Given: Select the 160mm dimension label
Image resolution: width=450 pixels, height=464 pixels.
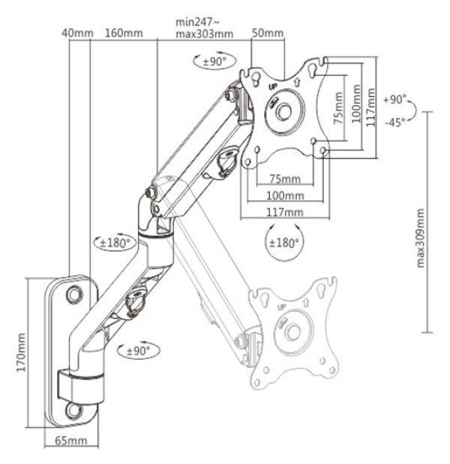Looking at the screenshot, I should click(124, 33).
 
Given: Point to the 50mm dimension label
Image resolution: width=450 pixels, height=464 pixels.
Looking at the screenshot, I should click(268, 33).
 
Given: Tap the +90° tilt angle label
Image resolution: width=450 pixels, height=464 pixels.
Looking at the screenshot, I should click(393, 98).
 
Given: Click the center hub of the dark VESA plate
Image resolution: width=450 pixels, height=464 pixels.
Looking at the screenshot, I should click(284, 111).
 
